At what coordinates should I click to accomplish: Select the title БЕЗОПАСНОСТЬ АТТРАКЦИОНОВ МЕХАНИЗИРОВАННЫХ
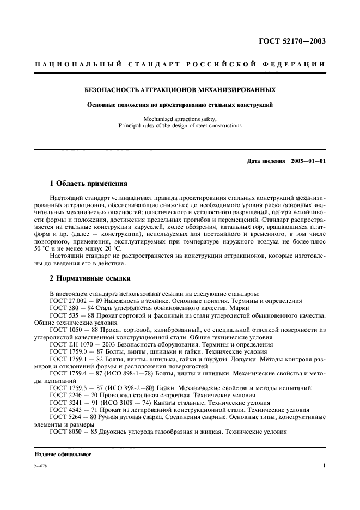179,89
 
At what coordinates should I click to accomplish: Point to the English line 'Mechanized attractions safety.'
179,119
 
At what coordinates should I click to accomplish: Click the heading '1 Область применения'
89,184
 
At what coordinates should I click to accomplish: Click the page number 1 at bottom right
324,466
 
